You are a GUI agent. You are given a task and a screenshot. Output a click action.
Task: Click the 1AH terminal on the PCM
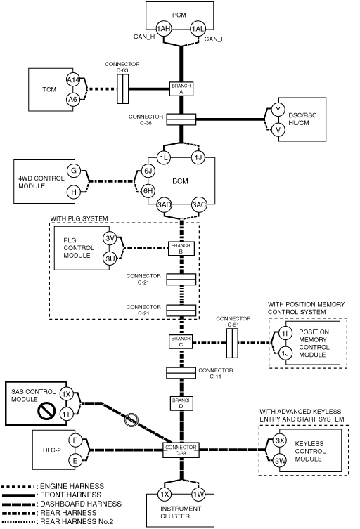[x=163, y=29]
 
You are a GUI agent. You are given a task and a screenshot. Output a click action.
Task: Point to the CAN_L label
[x=214, y=39]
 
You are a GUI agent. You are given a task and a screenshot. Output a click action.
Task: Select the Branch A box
[x=181, y=89]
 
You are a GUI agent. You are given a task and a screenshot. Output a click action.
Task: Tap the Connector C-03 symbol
[x=122, y=89]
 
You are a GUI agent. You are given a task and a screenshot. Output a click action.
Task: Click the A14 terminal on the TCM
[x=73, y=80]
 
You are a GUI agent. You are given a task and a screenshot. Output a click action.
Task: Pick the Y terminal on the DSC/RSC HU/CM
[x=278, y=110]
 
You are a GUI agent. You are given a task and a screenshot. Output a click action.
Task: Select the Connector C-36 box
[x=181, y=119]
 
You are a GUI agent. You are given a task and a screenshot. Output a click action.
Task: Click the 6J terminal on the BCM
[x=148, y=171]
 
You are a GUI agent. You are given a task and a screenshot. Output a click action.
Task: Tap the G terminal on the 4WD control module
[x=74, y=171]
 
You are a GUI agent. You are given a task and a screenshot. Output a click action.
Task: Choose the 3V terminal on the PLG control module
[x=110, y=239]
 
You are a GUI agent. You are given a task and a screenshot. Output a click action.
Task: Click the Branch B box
[x=181, y=249]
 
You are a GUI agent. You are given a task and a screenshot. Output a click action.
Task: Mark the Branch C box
[x=181, y=341]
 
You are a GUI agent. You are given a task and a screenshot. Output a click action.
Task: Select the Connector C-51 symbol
[x=232, y=343]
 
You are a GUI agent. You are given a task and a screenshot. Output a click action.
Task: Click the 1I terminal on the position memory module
[x=285, y=334]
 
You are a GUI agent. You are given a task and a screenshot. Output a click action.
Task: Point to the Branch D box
[x=181, y=403]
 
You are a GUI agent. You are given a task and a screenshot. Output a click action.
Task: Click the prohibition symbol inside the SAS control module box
[x=46, y=411]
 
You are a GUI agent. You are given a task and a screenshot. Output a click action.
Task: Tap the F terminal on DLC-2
[x=75, y=440]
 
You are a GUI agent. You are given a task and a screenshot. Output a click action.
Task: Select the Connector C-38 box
[x=181, y=450]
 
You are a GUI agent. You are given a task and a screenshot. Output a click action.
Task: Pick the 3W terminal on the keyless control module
[x=280, y=461]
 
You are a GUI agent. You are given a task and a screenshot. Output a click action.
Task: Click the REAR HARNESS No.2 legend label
[x=77, y=521]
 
